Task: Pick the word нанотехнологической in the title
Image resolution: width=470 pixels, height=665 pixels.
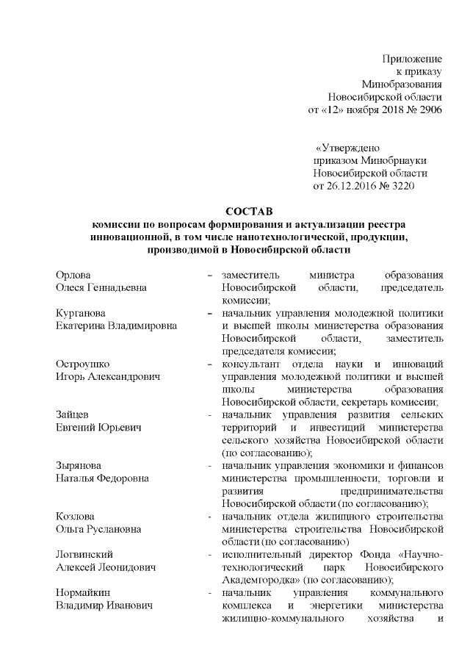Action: [x=289, y=237]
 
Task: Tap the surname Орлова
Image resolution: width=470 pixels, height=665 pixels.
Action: [x=73, y=274]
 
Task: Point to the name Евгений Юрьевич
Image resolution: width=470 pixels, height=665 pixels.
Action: [x=97, y=427]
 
